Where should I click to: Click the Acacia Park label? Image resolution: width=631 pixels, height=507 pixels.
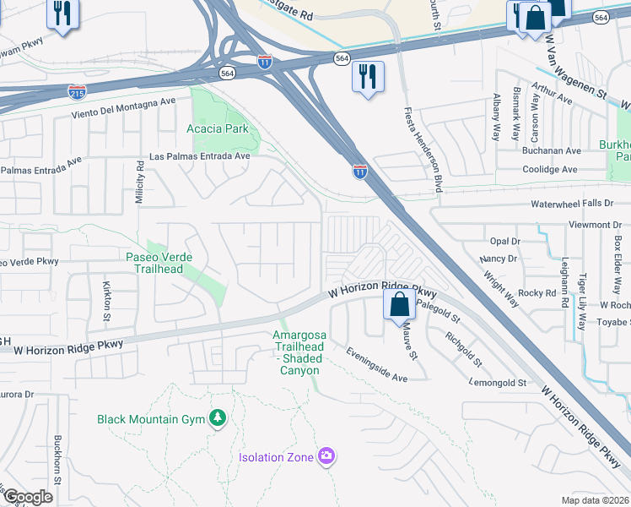pos(218,128)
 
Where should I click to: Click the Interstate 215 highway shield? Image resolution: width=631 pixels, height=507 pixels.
pos(77,89)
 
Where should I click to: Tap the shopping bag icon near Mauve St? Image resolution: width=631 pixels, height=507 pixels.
pos(400,305)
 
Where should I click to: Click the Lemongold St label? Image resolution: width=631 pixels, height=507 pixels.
pos(498,383)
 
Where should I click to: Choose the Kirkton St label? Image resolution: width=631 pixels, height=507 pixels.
pos(107,302)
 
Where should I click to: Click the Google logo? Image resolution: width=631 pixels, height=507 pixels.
pos(28,497)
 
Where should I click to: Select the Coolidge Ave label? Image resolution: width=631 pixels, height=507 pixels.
pos(550,169)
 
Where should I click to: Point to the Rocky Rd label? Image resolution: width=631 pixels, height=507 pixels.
pos(537,292)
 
